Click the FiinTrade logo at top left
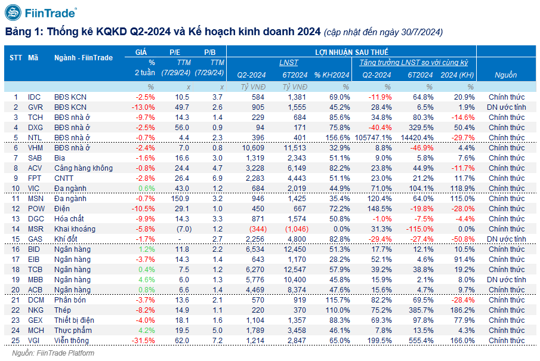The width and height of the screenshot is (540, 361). (x=41, y=13)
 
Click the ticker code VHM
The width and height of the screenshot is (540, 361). (x=36, y=147)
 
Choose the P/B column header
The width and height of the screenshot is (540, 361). (x=210, y=53)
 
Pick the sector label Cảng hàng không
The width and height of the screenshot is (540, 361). (x=83, y=168)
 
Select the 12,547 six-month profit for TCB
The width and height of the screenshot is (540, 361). (x=295, y=270)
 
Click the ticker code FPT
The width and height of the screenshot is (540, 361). (x=35, y=178)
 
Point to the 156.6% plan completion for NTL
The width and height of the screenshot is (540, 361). (x=337, y=137)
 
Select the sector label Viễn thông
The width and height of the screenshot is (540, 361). (x=72, y=341)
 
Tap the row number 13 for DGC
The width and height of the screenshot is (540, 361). (x=16, y=218)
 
